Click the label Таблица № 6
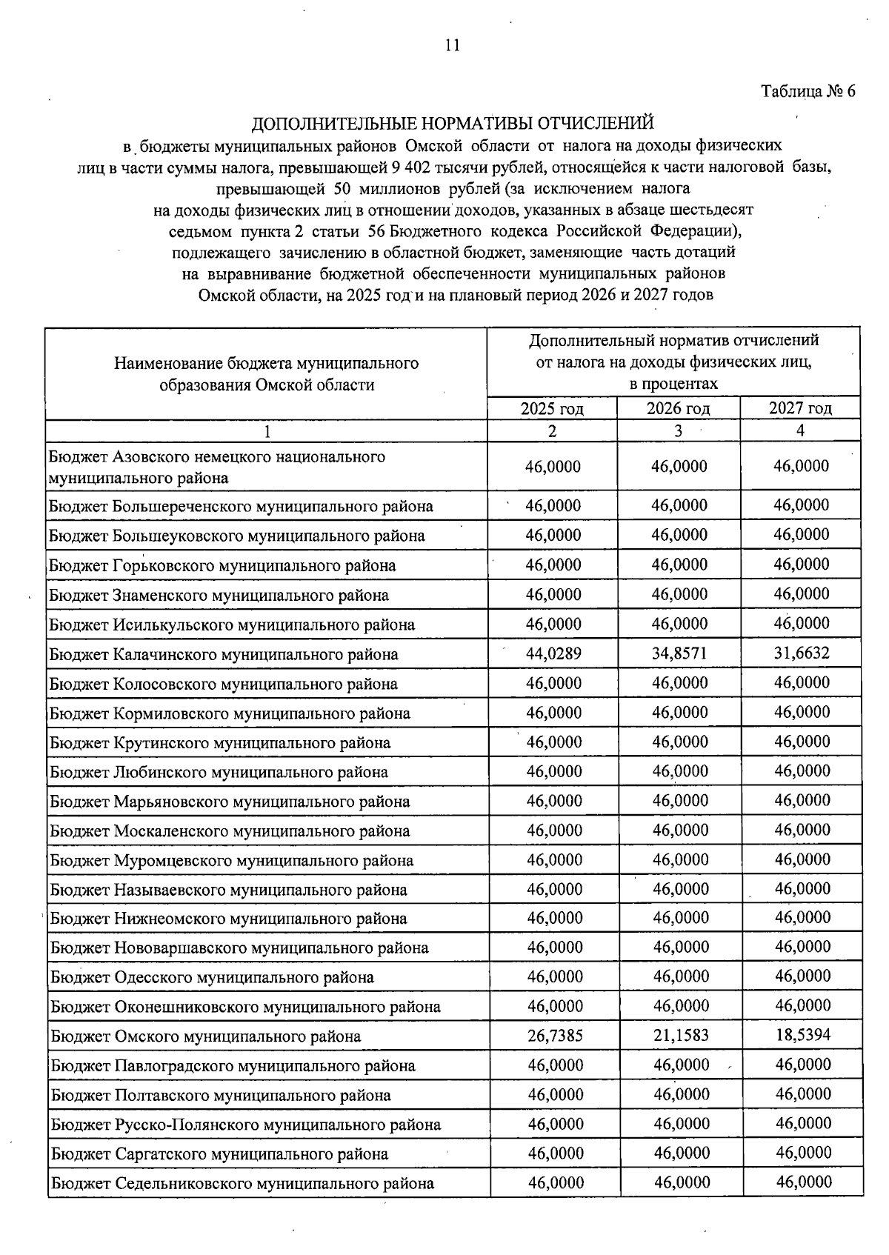[808, 92]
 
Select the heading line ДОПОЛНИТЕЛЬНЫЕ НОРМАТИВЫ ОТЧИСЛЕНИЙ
[453, 123]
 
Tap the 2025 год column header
[552, 408]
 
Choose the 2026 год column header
[678, 408]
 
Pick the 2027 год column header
[800, 408]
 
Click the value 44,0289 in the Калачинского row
[553, 653]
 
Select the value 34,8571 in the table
[679, 653]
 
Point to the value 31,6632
[802, 653]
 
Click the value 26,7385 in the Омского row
[555, 1035]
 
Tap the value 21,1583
[681, 1035]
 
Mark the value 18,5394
[803, 1035]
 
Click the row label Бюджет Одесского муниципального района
[212, 977]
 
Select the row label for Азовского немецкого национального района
[216, 467]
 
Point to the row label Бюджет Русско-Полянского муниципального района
[246, 1125]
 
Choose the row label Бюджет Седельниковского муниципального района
[242, 1183]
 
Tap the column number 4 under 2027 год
[800, 431]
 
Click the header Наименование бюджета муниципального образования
[267, 374]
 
